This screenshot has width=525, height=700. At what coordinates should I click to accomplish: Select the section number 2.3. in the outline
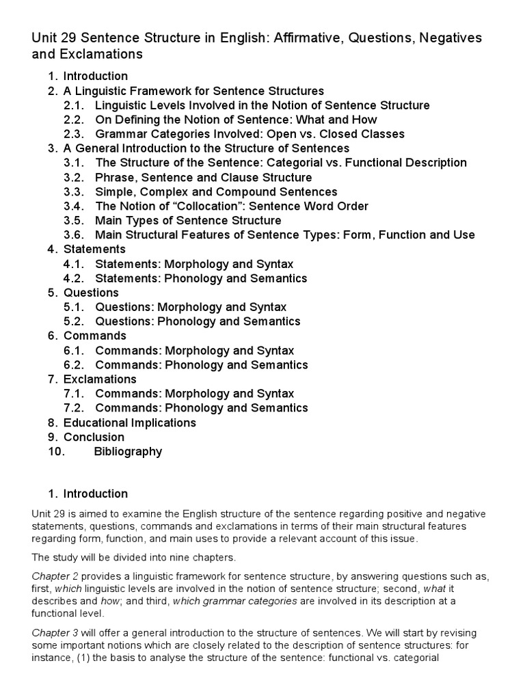click(x=74, y=134)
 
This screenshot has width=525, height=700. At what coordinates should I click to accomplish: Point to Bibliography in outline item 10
click(x=128, y=451)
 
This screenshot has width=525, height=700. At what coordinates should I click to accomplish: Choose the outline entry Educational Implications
click(x=130, y=422)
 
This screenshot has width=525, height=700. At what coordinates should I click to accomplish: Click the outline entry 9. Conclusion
click(x=94, y=437)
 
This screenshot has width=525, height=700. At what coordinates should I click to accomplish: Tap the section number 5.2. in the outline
click(x=74, y=321)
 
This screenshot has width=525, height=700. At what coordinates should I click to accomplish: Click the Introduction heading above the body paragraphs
click(x=95, y=494)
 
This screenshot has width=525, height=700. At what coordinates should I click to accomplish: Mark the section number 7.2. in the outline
click(x=74, y=408)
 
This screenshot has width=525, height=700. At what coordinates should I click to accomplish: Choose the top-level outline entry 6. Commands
click(x=94, y=336)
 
